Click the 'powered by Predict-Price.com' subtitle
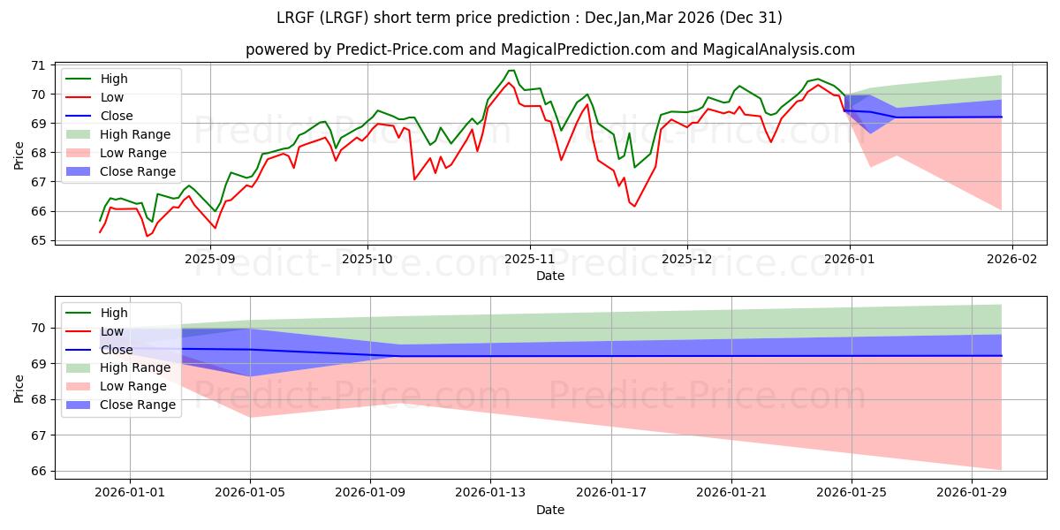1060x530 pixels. tap(549, 50)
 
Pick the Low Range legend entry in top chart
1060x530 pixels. tap(136, 153)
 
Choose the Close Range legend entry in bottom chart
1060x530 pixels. tap(138, 405)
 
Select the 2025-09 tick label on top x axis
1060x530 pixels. tap(210, 260)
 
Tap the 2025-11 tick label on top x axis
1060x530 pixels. tap(530, 260)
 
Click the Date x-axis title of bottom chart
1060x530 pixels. tap(549, 511)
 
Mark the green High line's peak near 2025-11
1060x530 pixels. tap(511, 71)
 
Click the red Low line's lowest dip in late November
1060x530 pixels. tap(634, 207)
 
